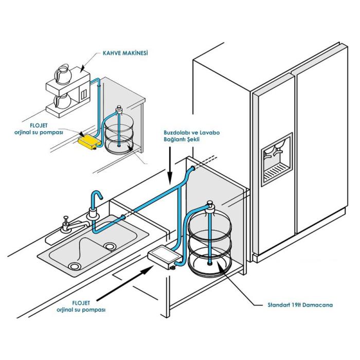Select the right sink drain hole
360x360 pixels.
109,246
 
